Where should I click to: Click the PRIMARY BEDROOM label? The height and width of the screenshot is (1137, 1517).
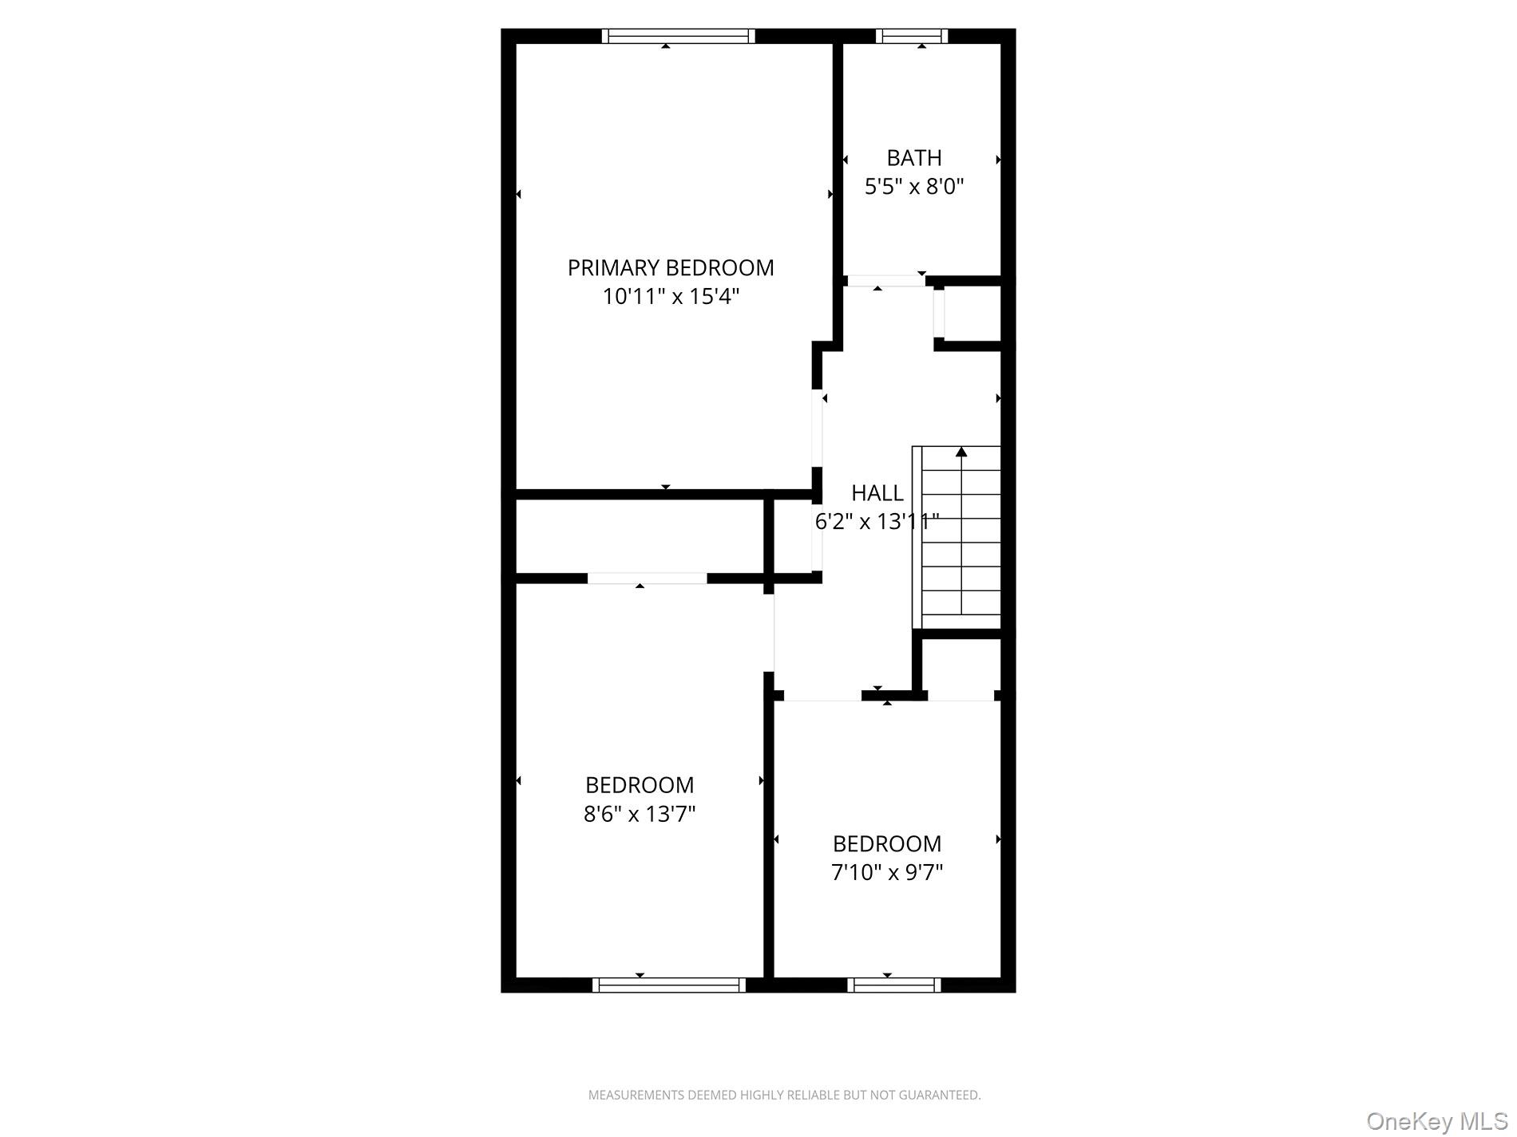(671, 268)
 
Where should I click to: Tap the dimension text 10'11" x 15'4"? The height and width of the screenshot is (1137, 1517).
(671, 297)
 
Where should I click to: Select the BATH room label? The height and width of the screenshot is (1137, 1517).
(914, 158)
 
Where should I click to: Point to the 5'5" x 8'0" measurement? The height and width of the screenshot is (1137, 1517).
(914, 187)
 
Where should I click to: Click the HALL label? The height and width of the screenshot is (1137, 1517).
(877, 493)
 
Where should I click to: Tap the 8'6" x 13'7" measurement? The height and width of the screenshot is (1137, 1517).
(640, 815)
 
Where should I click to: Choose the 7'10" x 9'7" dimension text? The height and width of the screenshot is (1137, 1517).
(887, 873)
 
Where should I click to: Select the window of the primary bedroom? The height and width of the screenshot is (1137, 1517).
(678, 36)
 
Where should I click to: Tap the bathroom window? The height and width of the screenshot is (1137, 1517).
(912, 36)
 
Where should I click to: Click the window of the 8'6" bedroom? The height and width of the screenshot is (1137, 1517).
(669, 985)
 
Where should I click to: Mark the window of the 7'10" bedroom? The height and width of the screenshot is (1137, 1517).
(894, 985)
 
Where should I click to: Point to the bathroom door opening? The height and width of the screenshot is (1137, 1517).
(885, 281)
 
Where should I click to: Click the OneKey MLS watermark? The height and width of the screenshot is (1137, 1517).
(1436, 1121)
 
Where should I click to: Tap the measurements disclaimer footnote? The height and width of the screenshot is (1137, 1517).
(784, 1096)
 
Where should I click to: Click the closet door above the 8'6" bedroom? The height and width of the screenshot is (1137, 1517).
(648, 578)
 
